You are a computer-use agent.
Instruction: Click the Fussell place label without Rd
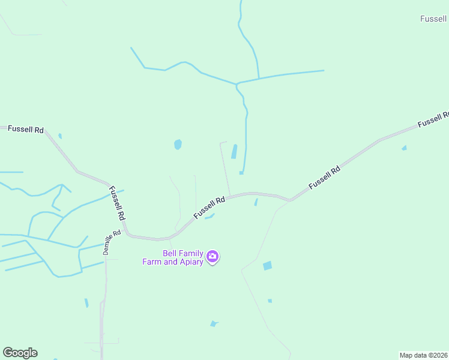click(434, 19)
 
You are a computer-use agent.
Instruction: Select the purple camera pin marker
click(212, 257)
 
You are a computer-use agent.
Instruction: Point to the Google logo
click(20, 353)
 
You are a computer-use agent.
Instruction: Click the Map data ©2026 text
click(423, 355)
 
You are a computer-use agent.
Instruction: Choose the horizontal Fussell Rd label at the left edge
click(25, 130)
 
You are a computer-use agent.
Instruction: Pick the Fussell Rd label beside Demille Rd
click(117, 202)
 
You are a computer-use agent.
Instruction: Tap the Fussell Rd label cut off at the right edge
click(433, 119)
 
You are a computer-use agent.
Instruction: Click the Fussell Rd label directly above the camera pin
click(209, 208)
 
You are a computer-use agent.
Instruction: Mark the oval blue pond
click(178, 145)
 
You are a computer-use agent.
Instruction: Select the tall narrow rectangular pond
click(234, 151)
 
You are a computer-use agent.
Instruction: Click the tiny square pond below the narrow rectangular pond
click(241, 173)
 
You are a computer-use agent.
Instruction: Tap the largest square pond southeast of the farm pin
click(267, 265)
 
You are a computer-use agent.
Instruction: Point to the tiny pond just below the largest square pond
click(270, 301)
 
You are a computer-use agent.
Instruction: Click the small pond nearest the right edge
click(404, 148)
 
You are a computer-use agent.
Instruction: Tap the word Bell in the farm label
click(173, 253)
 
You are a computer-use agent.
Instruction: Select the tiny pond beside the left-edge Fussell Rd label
click(60, 136)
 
